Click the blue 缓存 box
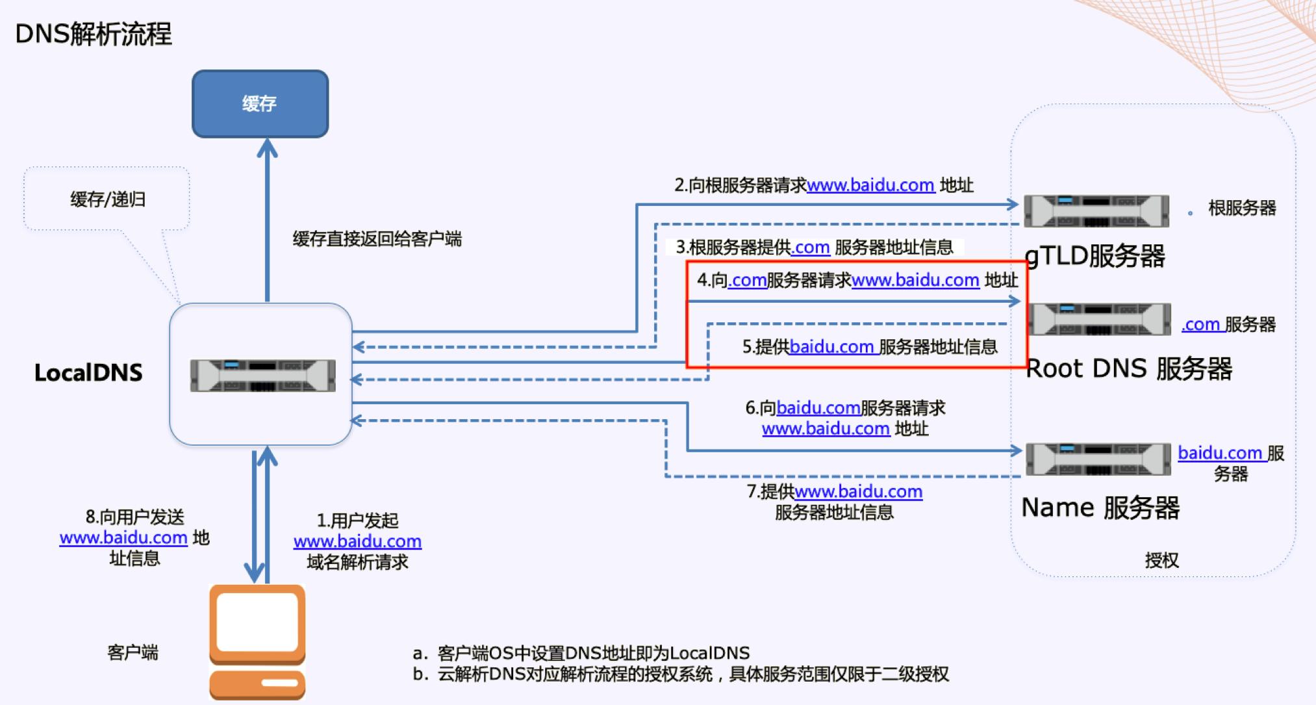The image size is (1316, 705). [x=260, y=104]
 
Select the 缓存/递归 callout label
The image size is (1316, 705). [x=108, y=199]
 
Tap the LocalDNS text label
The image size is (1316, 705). [x=88, y=372]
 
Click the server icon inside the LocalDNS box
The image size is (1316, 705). [x=262, y=376]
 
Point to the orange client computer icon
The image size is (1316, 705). [x=257, y=640]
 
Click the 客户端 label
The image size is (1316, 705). [x=133, y=652]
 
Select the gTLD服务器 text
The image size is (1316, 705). [x=1095, y=255]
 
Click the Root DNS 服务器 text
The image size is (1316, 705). [x=1129, y=368]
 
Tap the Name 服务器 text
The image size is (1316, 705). [x=1100, y=507]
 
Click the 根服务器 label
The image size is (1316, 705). [x=1242, y=208]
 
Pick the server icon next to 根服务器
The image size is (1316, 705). [x=1096, y=211]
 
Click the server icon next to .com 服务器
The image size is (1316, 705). [x=1100, y=319]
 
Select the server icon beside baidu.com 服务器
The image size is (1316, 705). [x=1098, y=459]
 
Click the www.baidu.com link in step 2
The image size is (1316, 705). [x=870, y=185]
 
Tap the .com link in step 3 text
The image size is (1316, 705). [x=810, y=248]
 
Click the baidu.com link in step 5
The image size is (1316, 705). [x=831, y=347]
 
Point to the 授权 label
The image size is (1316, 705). [x=1161, y=559]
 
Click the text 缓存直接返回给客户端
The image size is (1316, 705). [x=377, y=239]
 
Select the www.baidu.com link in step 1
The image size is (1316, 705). [x=357, y=541]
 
